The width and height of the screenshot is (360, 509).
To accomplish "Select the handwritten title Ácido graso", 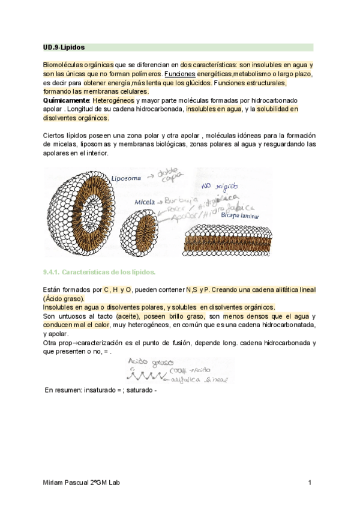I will pyautogui.click(x=150, y=363).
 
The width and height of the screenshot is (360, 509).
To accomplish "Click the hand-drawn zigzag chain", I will pyautogui.click(x=144, y=377).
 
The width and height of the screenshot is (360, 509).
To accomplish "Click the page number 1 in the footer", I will pyautogui.click(x=310, y=483).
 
